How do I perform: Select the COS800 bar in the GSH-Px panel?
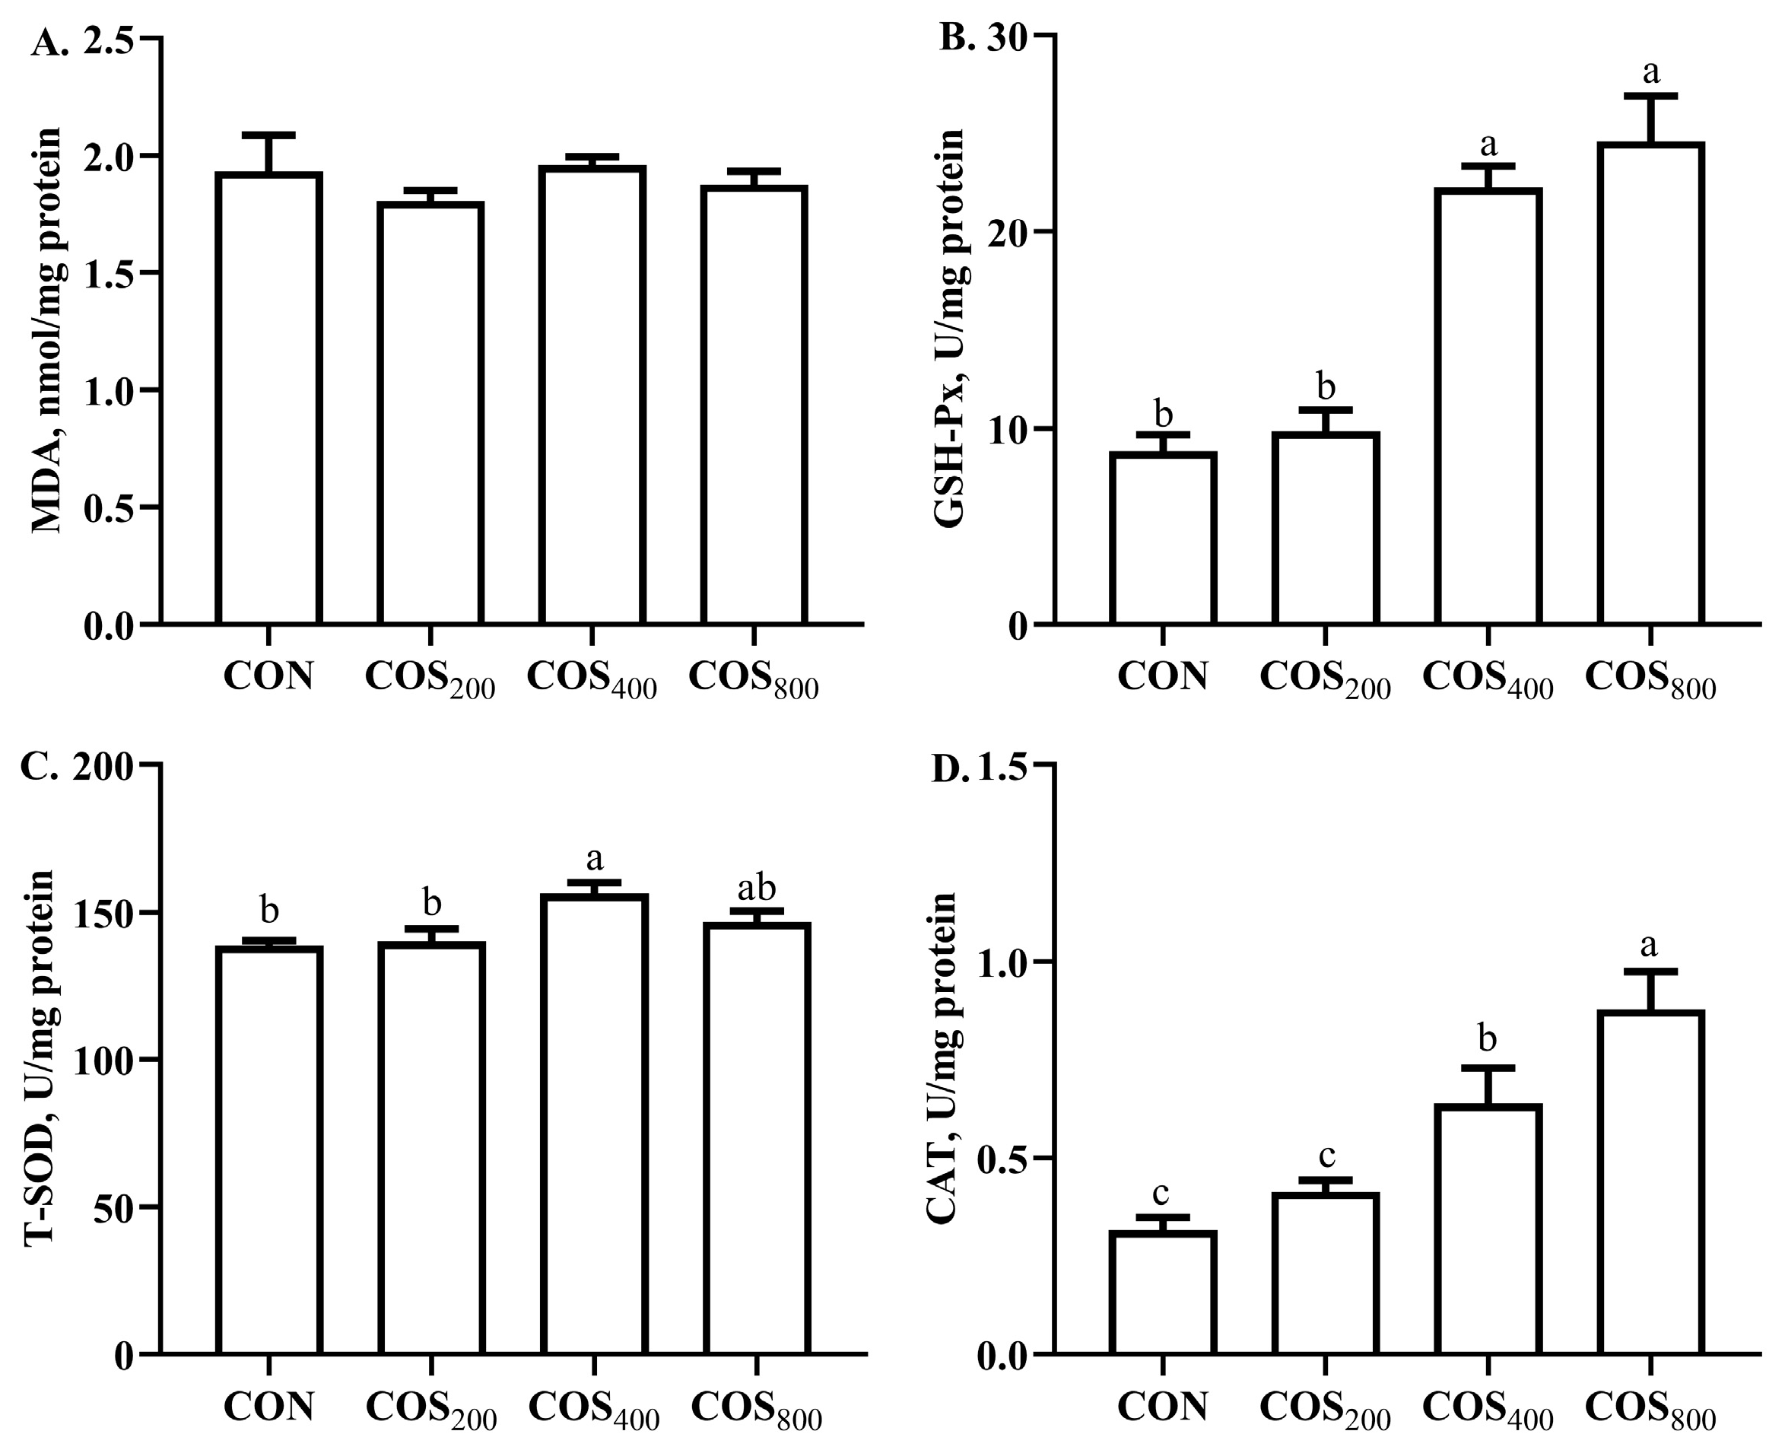point(1650,384)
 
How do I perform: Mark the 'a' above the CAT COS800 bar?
point(1650,946)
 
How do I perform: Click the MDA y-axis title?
point(48,331)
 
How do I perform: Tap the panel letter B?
point(958,40)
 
